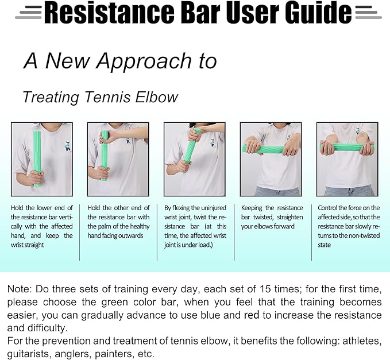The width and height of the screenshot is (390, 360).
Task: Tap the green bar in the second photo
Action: click(105, 155)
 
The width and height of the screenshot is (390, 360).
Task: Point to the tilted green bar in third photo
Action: click(189, 146)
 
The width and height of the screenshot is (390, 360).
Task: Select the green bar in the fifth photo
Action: click(347, 148)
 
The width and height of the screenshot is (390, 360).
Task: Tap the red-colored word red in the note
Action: click(252, 315)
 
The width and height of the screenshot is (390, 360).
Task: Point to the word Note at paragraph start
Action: click(19, 288)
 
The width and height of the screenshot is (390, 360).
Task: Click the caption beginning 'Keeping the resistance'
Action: click(272, 217)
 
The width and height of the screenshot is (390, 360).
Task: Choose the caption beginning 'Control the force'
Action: click(348, 226)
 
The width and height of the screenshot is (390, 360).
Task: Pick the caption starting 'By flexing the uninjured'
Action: click(195, 226)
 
